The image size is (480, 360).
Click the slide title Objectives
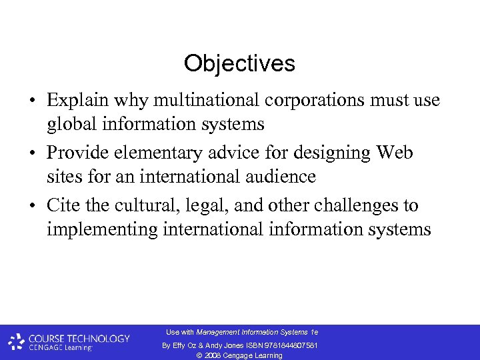pos(239,64)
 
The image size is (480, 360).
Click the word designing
pos(319,153)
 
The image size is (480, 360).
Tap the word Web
pos(395,153)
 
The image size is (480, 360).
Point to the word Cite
pos(61,205)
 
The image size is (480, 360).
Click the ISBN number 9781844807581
pos(289,345)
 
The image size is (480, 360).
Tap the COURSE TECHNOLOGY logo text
pos(79,339)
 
